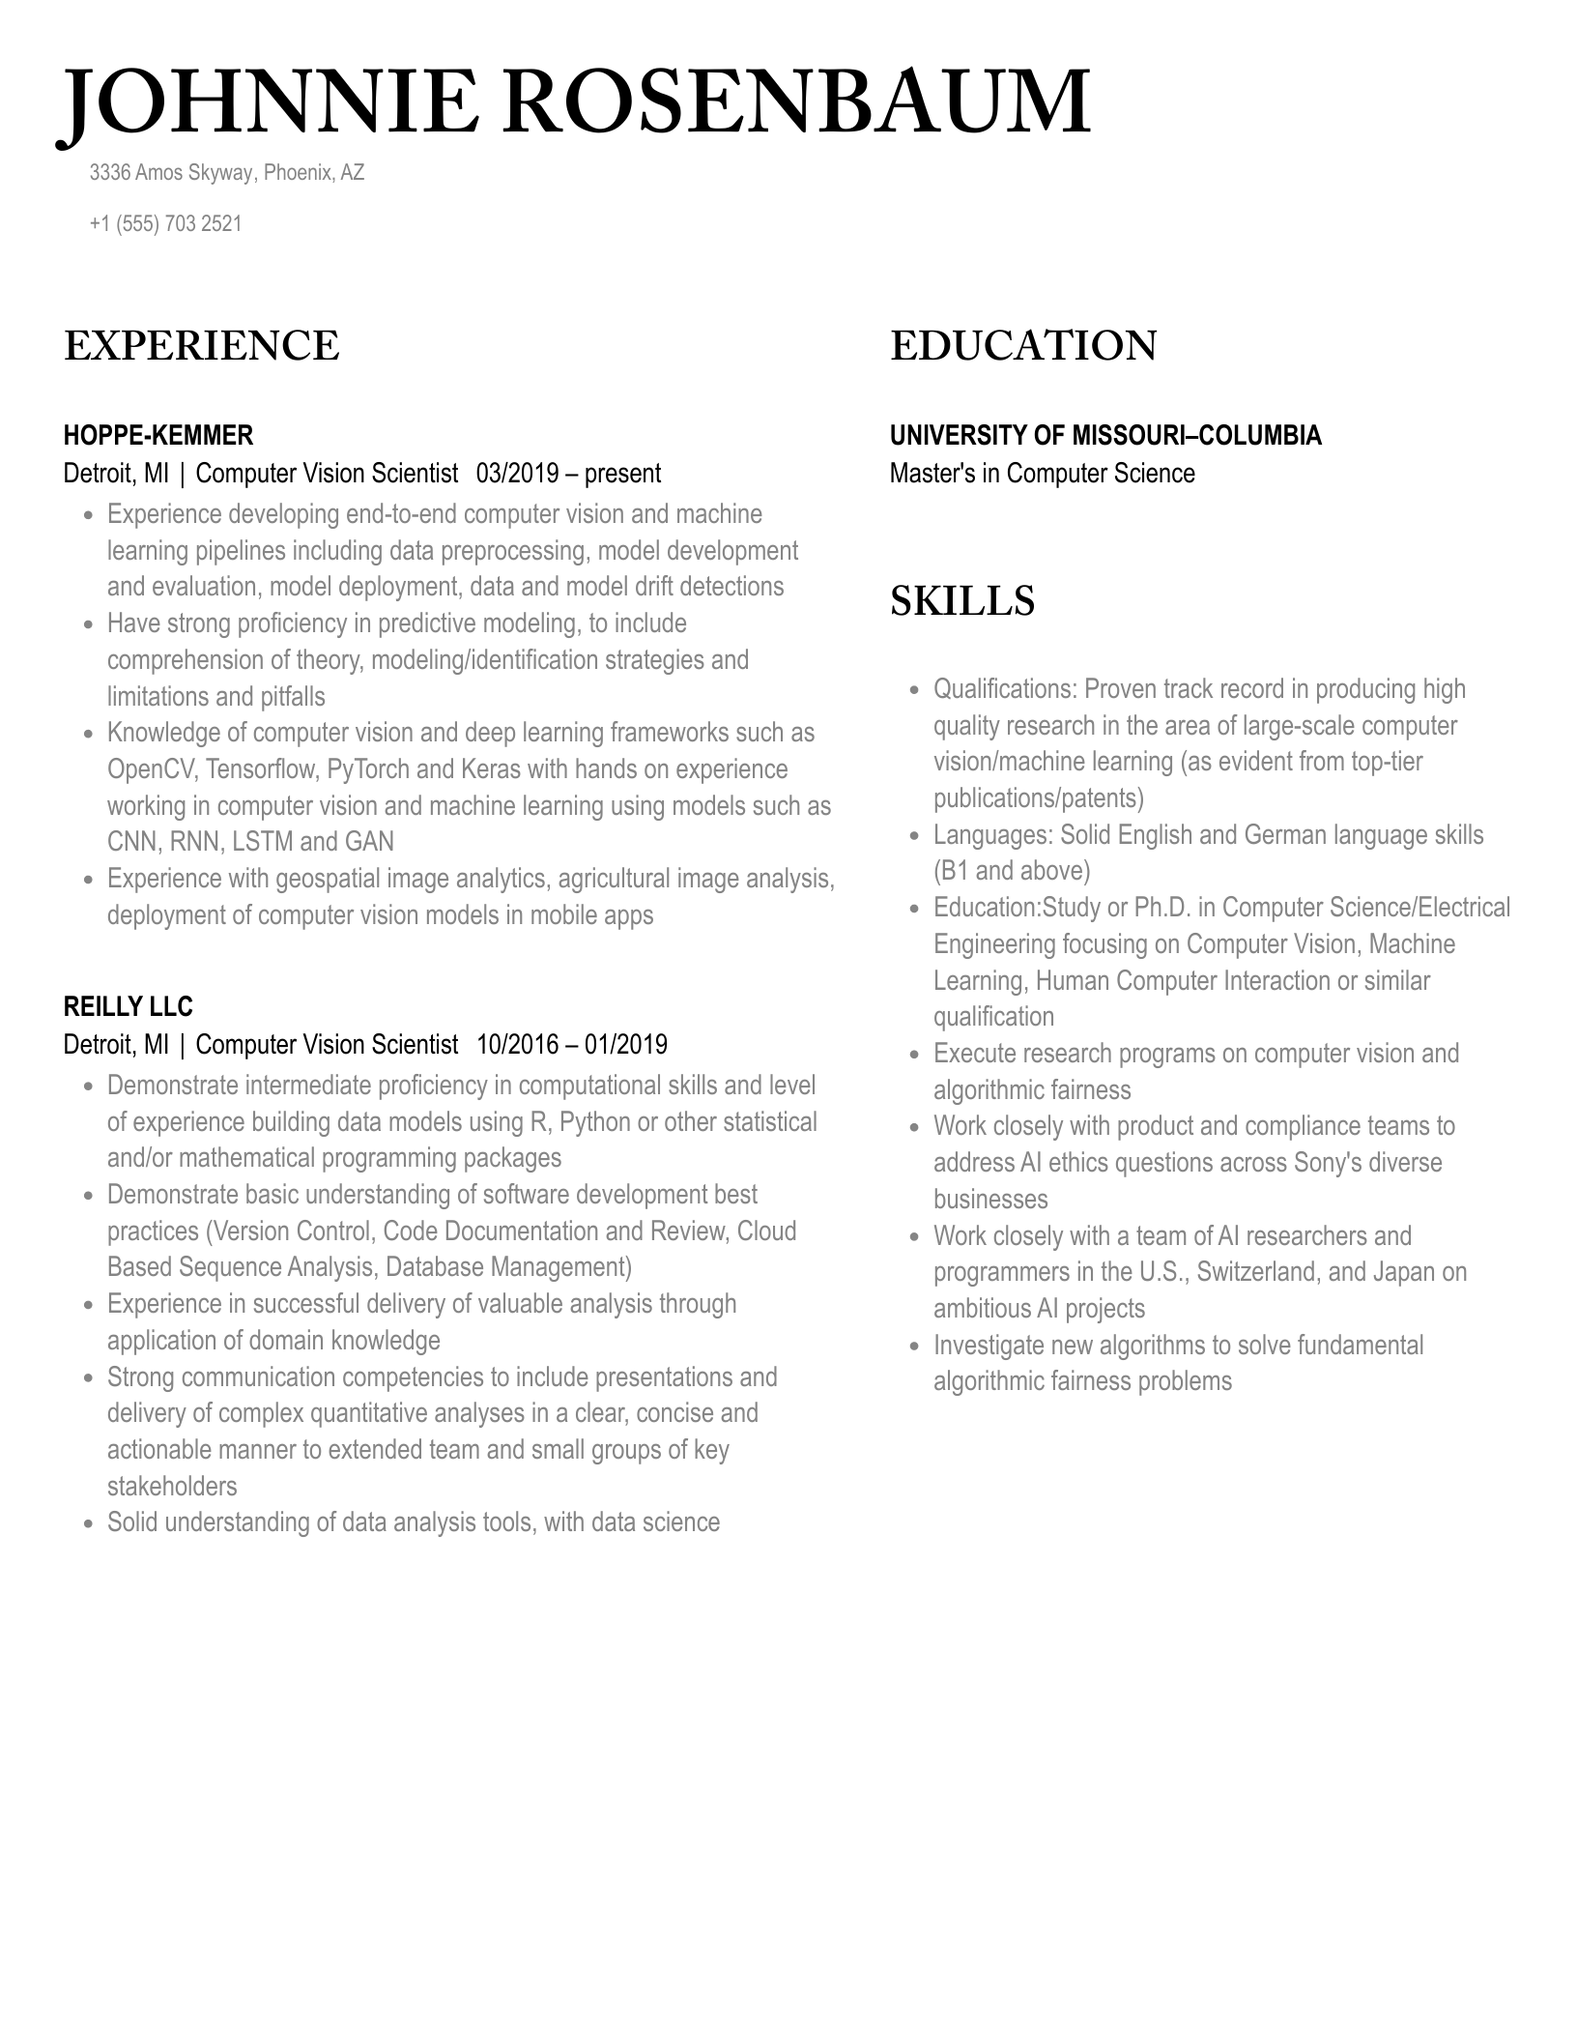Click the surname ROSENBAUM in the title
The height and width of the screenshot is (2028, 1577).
click(796, 102)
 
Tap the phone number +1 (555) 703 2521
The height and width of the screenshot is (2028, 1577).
click(165, 224)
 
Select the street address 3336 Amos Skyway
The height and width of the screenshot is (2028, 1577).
click(171, 173)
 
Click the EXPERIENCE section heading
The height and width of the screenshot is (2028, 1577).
click(201, 347)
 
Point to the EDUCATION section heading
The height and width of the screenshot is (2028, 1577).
click(1022, 347)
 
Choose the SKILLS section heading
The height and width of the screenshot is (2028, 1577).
click(961, 601)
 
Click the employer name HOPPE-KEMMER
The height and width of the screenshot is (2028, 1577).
click(158, 436)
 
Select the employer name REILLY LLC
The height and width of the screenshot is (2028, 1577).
click(128, 1007)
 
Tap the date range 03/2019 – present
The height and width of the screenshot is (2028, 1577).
click(568, 474)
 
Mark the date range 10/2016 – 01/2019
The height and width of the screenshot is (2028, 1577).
click(572, 1045)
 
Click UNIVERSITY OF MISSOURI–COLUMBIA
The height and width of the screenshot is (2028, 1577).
click(1104, 436)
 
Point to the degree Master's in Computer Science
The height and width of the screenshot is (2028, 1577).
click(1042, 474)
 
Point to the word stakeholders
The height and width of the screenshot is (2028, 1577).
click(172, 1487)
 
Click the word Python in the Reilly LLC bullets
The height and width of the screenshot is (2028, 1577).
click(594, 1122)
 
